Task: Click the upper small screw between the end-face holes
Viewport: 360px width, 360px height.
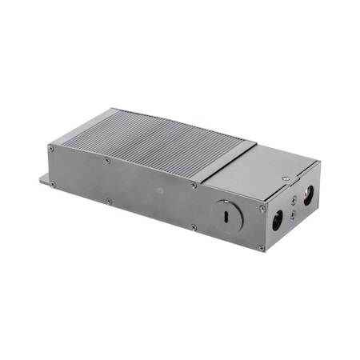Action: (x=294, y=199)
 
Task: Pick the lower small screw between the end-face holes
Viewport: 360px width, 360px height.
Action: (x=293, y=214)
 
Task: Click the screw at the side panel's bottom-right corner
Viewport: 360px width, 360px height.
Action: (x=262, y=247)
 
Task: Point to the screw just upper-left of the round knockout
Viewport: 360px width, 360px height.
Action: (x=194, y=186)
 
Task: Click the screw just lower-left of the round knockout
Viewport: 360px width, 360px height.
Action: (x=193, y=227)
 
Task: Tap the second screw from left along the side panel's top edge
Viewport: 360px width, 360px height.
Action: (x=108, y=161)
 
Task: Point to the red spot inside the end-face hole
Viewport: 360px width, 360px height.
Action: (x=306, y=194)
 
